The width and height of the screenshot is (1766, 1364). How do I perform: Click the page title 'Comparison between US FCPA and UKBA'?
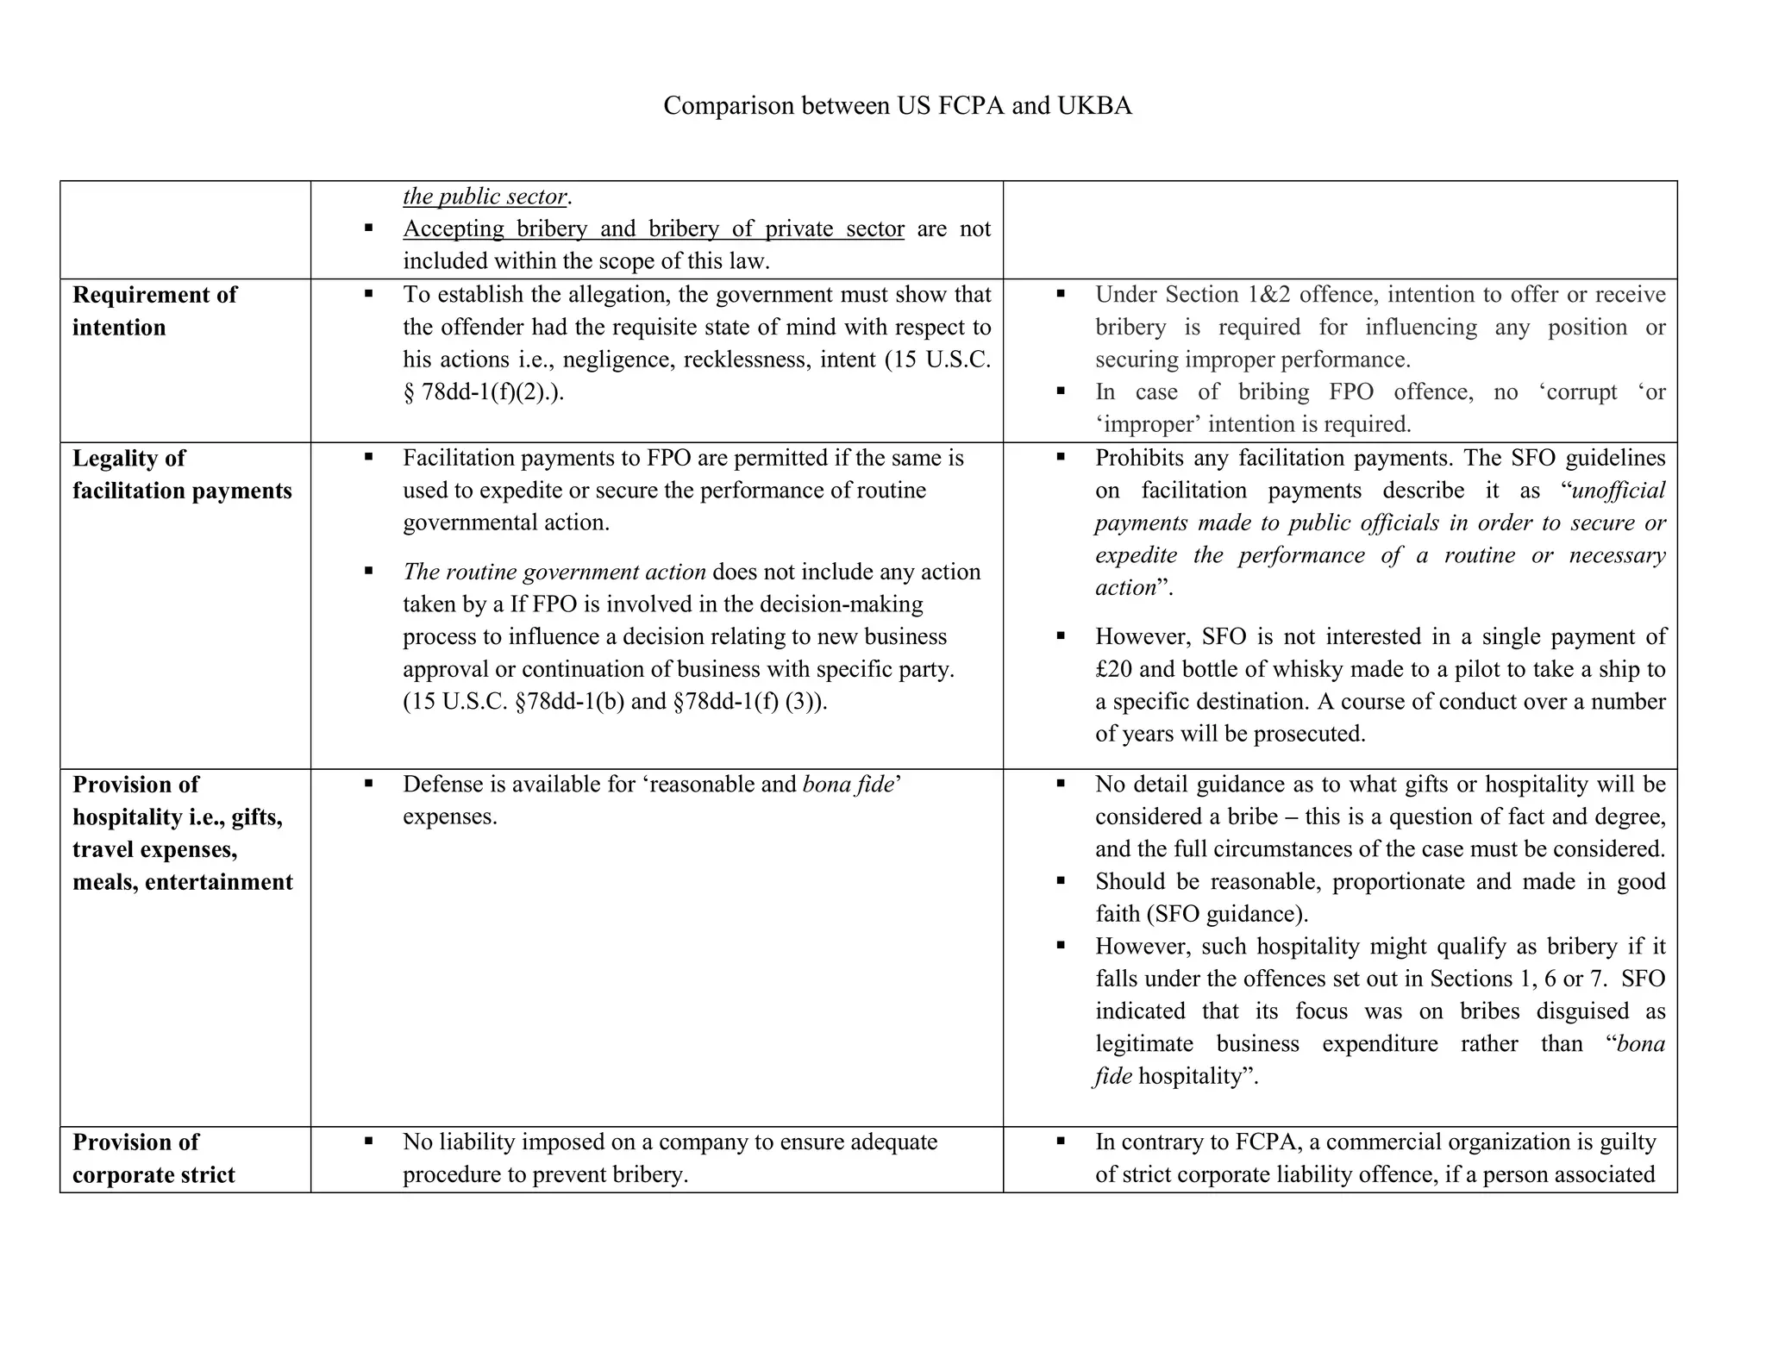pos(897,105)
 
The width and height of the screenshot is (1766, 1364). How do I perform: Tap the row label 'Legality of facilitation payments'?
pos(181,474)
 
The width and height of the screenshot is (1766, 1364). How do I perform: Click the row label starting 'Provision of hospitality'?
pos(182,833)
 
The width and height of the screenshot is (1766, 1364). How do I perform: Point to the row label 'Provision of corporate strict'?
pos(153,1158)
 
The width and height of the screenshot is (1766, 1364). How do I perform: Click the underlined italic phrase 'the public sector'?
pos(485,197)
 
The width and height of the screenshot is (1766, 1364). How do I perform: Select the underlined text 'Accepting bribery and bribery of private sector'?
pos(653,228)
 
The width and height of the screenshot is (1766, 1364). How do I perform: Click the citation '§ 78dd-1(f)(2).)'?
pos(483,392)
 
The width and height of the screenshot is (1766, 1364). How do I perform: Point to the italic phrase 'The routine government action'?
pos(554,572)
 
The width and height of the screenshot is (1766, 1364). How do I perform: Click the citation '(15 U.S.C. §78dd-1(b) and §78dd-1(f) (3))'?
pos(614,701)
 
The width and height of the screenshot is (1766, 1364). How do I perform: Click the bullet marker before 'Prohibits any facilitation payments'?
pos(1061,457)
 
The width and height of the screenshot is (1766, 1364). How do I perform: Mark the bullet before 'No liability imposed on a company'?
pos(368,1142)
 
